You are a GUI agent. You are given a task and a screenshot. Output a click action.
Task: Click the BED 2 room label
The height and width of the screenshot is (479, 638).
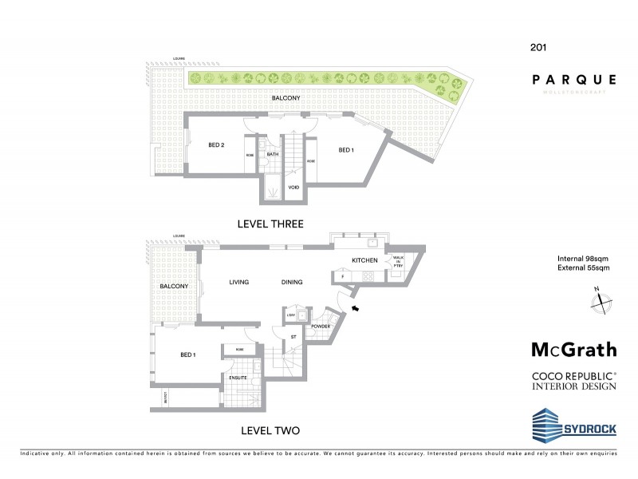tap(216, 145)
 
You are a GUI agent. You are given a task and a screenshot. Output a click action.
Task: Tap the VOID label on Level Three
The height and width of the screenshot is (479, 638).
tap(293, 188)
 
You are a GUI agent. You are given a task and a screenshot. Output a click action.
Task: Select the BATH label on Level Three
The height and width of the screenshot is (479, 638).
tap(272, 155)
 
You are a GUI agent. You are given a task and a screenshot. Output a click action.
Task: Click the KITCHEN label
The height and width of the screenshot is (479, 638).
tap(364, 261)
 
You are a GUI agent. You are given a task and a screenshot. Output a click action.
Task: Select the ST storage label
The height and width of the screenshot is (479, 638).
tap(293, 338)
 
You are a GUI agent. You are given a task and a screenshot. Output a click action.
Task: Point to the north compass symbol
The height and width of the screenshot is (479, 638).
tap(600, 303)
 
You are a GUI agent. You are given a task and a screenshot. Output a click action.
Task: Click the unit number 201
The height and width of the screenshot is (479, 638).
tap(538, 47)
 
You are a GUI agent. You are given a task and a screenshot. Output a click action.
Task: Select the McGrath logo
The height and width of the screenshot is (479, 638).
tap(574, 349)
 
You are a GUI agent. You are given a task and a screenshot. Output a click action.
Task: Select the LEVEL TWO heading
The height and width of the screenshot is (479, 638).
tap(267, 430)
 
